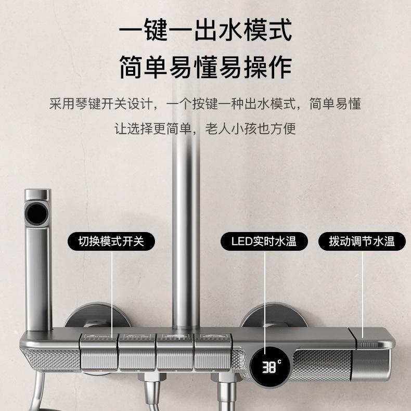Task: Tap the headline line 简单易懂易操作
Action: click(x=205, y=68)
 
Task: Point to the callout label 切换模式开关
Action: click(x=110, y=241)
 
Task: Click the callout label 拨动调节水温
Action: click(x=362, y=241)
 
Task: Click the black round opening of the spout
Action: click(x=38, y=214)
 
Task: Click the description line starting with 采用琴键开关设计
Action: click(x=205, y=104)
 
